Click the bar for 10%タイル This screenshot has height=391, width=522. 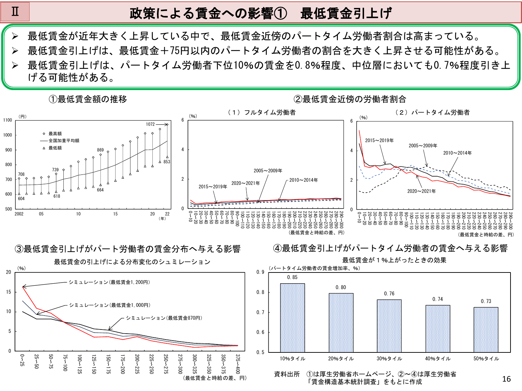pyautogui.click(x=293, y=318)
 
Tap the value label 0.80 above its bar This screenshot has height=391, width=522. pyautogui.click(x=341, y=287)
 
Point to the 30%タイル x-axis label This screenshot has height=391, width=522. pyautogui.click(x=389, y=359)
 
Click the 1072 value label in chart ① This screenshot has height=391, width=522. pyautogui.click(x=150, y=124)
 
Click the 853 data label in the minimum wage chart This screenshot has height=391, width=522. pyautogui.click(x=167, y=162)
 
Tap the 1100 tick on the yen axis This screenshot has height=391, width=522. pyautogui.click(x=8, y=120)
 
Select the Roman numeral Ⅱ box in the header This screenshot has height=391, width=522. pyautogui.click(x=15, y=12)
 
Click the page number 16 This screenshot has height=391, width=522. pyautogui.click(x=506, y=379)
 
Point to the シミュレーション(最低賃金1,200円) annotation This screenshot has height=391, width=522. pyautogui.click(x=109, y=282)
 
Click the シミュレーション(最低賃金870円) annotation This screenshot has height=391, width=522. pyautogui.click(x=164, y=318)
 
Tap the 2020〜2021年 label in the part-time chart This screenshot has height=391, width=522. pyautogui.click(x=421, y=191)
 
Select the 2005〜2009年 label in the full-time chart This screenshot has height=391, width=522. pyautogui.click(x=268, y=171)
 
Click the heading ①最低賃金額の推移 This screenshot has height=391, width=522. pyautogui.click(x=88, y=99)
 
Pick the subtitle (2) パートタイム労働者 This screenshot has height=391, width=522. pyautogui.click(x=433, y=112)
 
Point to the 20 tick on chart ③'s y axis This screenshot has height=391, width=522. pyautogui.click(x=9, y=272)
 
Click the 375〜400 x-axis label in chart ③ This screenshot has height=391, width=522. pyautogui.click(x=238, y=364)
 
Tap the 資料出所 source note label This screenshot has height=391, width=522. pyautogui.click(x=287, y=374)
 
